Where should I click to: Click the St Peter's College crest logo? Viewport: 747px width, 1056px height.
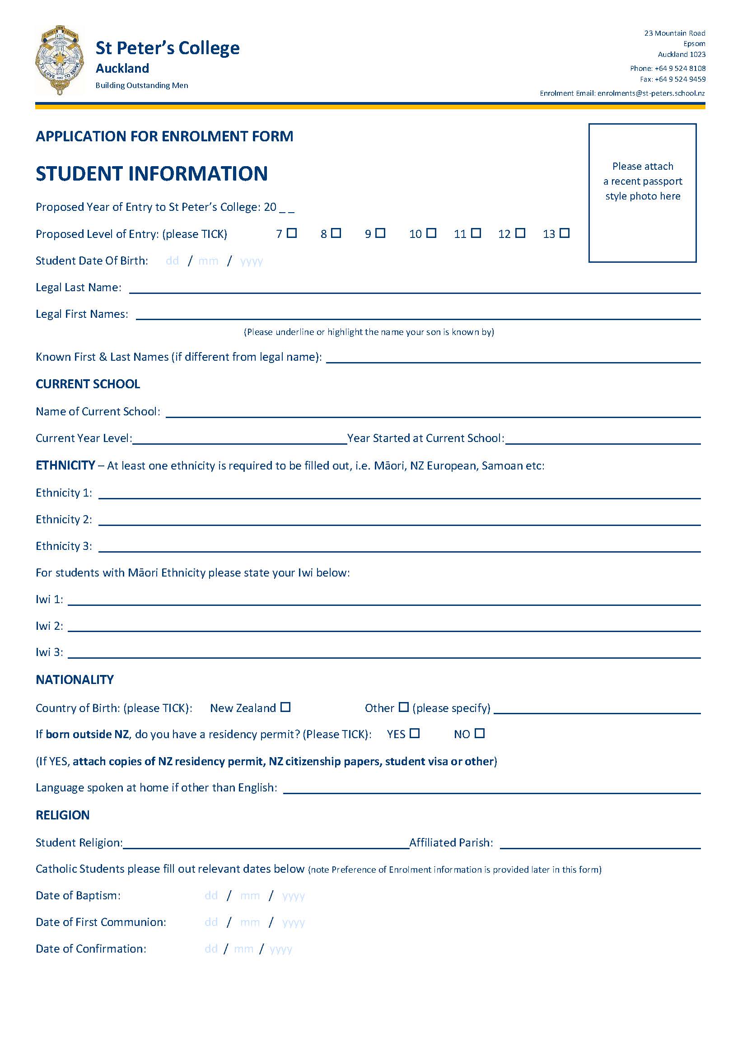(x=59, y=60)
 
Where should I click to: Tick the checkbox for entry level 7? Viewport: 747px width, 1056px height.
(x=292, y=233)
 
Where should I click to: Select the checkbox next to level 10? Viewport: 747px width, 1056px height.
(x=431, y=233)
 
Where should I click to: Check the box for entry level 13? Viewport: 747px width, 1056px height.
(x=565, y=233)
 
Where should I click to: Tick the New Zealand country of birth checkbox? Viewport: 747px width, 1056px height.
(x=285, y=707)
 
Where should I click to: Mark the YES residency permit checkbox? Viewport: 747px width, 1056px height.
(x=415, y=733)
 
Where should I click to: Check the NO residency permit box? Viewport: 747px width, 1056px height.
(x=480, y=733)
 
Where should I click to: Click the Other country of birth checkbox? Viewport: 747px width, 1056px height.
(x=403, y=707)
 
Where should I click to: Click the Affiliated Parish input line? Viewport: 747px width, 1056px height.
(x=600, y=843)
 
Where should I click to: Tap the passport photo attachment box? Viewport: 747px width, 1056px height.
(x=642, y=193)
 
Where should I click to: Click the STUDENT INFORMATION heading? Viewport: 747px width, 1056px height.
(x=152, y=174)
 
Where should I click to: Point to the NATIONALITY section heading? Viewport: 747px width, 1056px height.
(x=75, y=680)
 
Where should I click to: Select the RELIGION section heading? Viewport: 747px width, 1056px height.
(x=63, y=815)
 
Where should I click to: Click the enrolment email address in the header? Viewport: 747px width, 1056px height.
(x=651, y=93)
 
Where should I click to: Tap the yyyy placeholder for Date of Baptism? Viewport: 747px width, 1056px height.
(x=294, y=896)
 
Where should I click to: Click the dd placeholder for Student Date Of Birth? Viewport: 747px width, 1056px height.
(x=173, y=261)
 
